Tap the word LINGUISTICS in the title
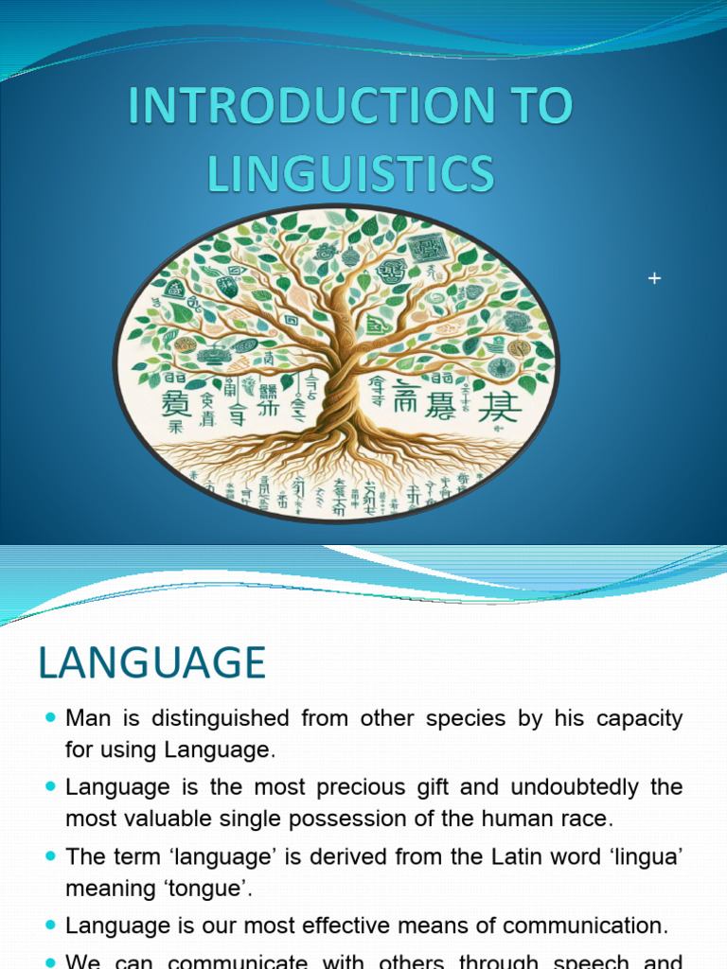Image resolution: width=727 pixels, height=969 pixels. [350, 175]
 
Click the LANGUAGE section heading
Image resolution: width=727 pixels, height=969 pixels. [151, 663]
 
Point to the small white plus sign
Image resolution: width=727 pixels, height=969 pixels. [652, 278]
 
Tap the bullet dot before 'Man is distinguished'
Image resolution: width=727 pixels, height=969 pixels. [50, 719]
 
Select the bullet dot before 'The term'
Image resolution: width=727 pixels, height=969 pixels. [50, 858]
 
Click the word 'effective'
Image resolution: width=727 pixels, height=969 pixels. [360, 926]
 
